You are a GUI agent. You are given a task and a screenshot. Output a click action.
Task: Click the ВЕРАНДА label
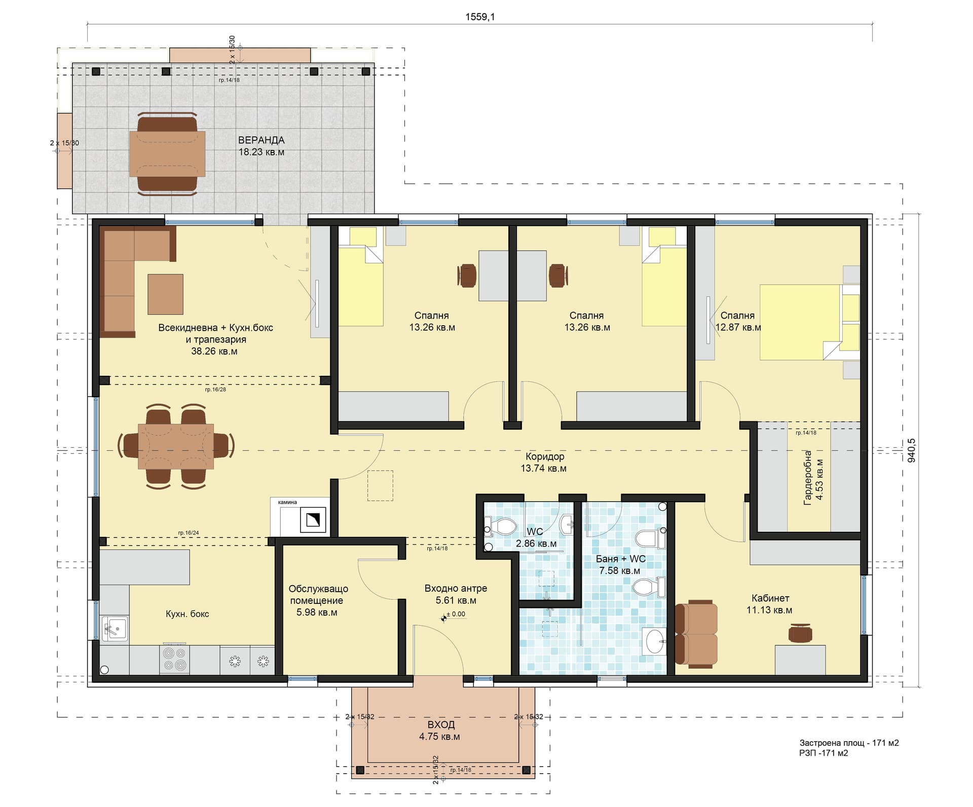click(x=261, y=140)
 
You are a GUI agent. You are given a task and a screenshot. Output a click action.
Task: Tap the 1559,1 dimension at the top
click(x=480, y=17)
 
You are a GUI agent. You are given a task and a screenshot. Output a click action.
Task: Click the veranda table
click(x=167, y=153)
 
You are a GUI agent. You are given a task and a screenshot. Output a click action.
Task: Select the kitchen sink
click(x=115, y=629)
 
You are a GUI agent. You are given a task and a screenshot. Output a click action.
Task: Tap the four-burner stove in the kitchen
click(x=174, y=659)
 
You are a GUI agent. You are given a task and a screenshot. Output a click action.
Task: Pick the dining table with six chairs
click(x=176, y=446)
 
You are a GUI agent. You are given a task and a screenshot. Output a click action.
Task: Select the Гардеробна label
click(x=808, y=478)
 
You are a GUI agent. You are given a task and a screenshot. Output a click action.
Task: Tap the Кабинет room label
click(x=770, y=598)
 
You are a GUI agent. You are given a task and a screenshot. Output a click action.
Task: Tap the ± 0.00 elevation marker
click(x=454, y=614)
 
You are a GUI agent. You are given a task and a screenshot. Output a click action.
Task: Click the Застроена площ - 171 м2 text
click(x=849, y=743)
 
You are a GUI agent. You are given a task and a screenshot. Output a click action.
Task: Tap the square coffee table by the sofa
click(x=165, y=294)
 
